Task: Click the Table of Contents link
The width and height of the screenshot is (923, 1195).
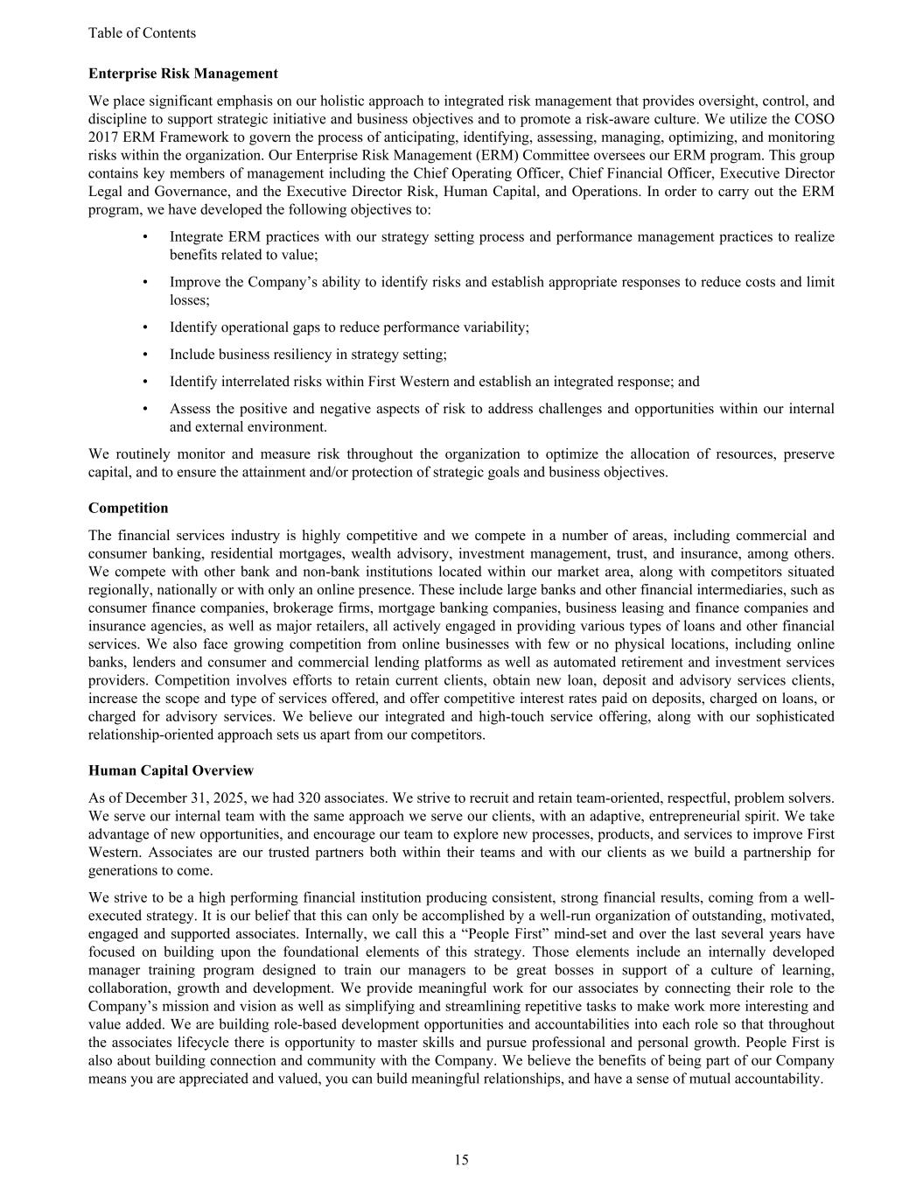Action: [x=142, y=33]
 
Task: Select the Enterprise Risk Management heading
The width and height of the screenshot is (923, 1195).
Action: [x=183, y=74]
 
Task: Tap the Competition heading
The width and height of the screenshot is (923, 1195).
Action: [x=128, y=508]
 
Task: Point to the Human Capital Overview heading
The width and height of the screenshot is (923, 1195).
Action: [x=171, y=770]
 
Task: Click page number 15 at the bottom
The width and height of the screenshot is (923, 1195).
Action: [x=461, y=1160]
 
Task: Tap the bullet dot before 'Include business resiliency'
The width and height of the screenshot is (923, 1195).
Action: [x=145, y=355]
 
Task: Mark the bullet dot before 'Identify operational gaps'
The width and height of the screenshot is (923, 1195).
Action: [x=145, y=327]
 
